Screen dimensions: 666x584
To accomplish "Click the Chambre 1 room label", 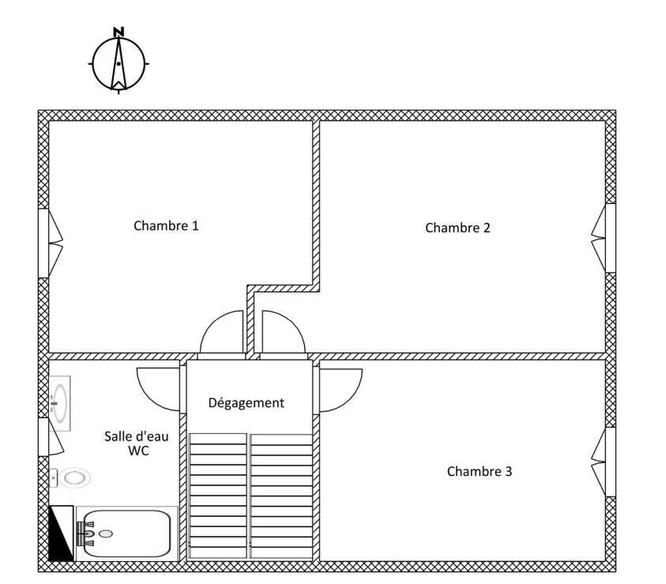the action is point(166,225).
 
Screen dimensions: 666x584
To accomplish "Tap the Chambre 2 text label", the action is point(458,228).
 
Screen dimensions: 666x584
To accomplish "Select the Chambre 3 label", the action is point(480,471).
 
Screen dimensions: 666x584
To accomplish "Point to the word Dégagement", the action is point(246,403).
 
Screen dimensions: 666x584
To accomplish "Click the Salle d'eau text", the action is point(137,436).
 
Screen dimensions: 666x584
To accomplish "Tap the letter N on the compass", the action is point(119,32).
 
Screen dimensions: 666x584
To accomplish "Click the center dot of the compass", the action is point(119,64).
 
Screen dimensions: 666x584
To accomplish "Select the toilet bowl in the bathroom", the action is point(70,478).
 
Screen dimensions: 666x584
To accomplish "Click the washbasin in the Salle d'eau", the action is point(59,403).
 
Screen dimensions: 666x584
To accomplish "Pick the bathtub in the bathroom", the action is point(126,533).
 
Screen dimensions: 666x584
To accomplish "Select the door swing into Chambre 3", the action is point(341,390).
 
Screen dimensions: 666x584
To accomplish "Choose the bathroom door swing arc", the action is point(158,390).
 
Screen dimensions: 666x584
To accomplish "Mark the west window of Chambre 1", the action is point(51,243).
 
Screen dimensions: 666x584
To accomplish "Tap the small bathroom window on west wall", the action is point(51,437).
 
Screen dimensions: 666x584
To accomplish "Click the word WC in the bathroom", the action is point(138,450).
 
